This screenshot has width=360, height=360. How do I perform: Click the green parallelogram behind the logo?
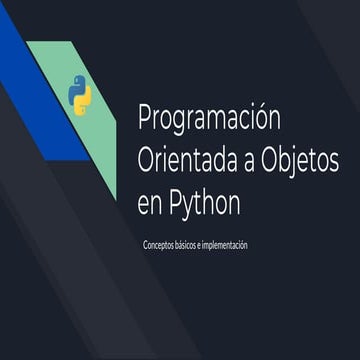click(95, 140)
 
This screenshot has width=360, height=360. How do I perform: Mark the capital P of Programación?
click(143, 118)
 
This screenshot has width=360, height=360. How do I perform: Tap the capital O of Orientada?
click(146, 160)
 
